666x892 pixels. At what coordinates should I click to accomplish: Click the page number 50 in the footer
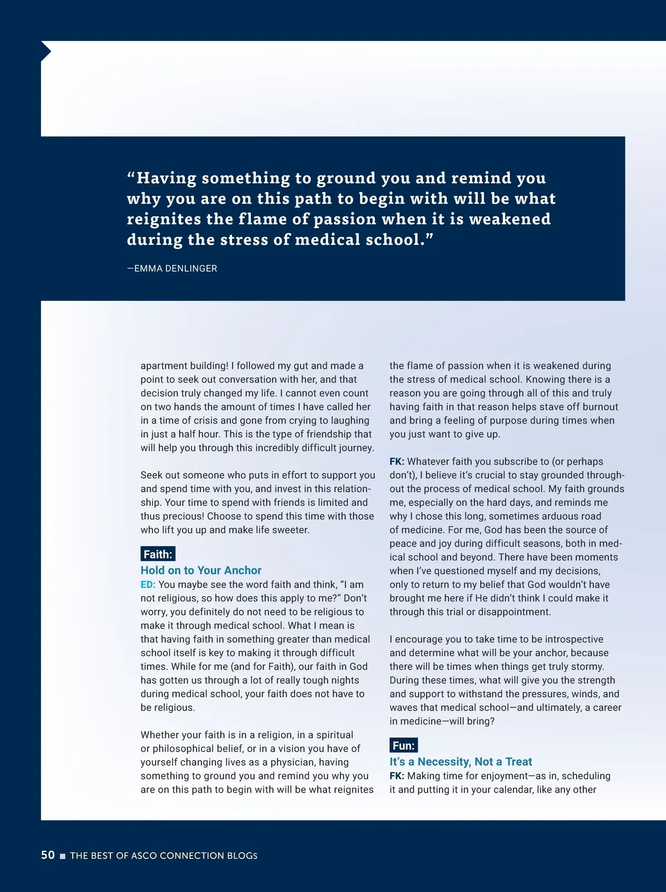coord(48,855)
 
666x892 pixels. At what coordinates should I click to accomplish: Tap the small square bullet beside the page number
coord(63,856)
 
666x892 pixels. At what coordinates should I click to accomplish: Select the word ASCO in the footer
coord(145,856)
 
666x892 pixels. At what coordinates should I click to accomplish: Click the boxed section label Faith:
coord(158,554)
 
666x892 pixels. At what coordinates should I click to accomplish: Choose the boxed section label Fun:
coord(403,745)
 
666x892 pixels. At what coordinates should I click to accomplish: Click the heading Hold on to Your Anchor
coord(201,570)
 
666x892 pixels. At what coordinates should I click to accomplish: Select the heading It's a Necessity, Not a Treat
coord(461,762)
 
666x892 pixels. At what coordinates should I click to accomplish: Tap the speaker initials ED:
coord(148,585)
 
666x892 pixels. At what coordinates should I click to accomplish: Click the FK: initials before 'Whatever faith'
coord(397,462)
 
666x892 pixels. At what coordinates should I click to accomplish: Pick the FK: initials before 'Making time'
coord(397,776)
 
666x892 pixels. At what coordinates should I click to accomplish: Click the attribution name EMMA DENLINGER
coord(175,268)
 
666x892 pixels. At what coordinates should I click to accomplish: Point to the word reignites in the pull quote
coord(163,219)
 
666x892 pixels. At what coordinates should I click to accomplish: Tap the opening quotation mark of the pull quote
coord(131,177)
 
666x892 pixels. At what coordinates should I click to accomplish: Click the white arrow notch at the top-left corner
coord(46,52)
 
